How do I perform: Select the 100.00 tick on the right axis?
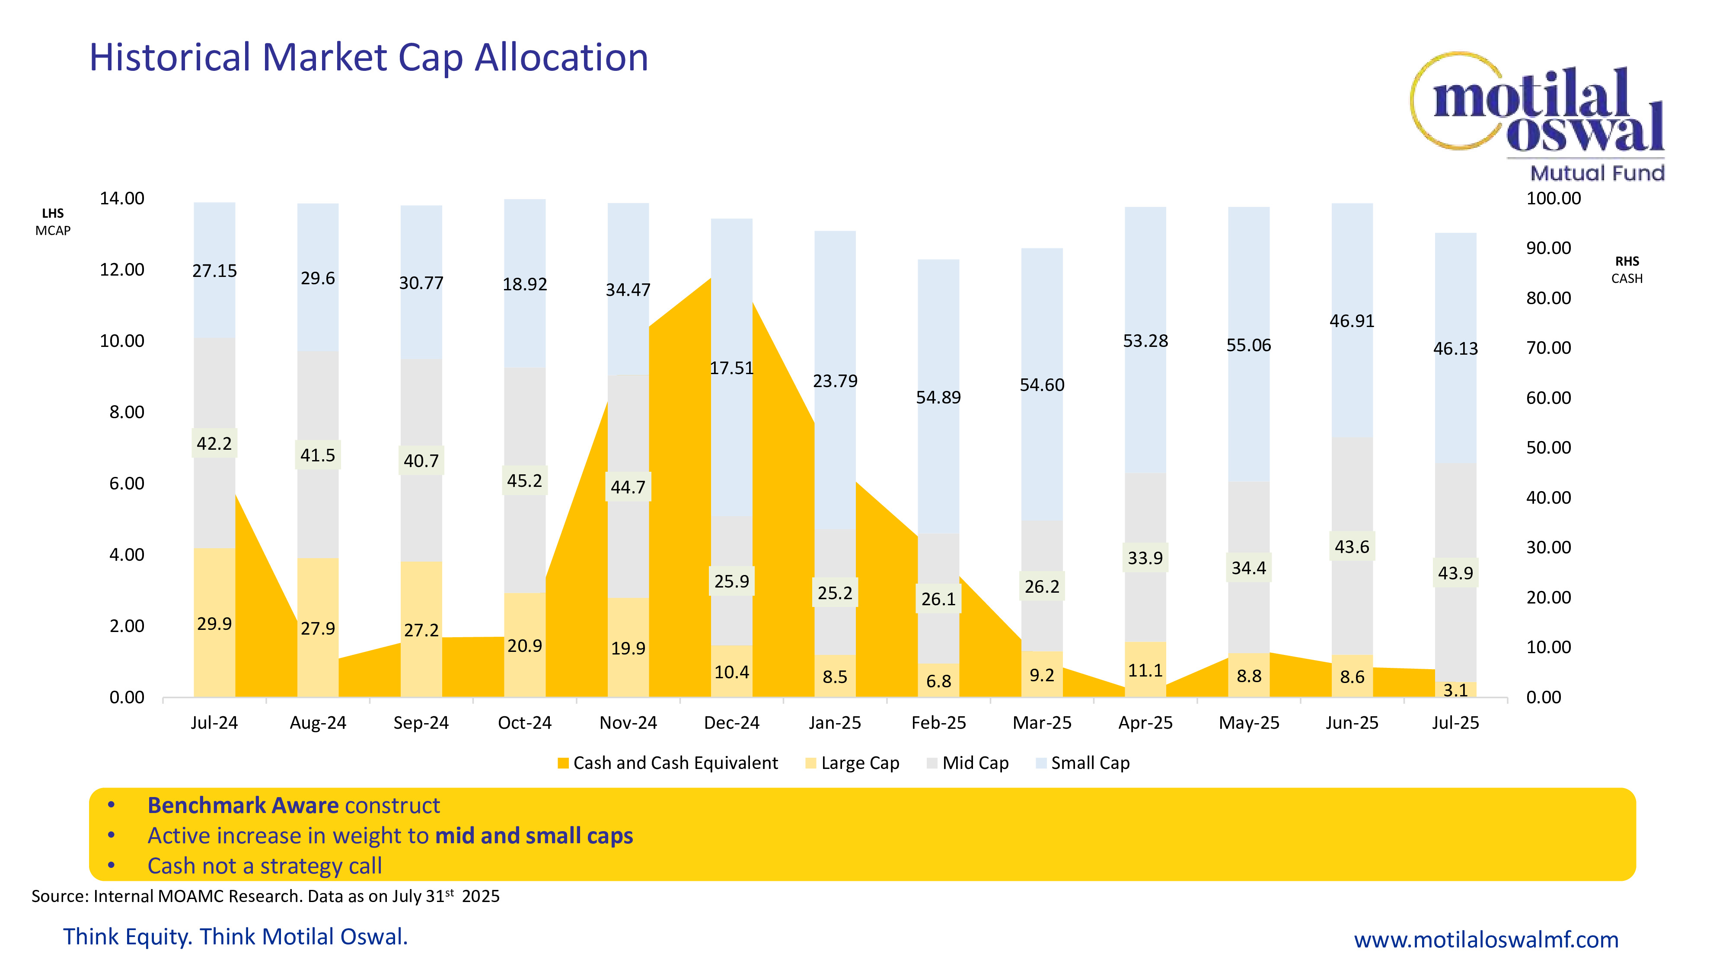(x=1553, y=199)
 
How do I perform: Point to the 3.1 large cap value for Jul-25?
(x=1455, y=690)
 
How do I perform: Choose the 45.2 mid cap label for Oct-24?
(x=524, y=481)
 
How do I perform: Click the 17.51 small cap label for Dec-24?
(x=732, y=368)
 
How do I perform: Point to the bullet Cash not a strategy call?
(x=265, y=866)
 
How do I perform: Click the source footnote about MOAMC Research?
(x=265, y=896)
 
